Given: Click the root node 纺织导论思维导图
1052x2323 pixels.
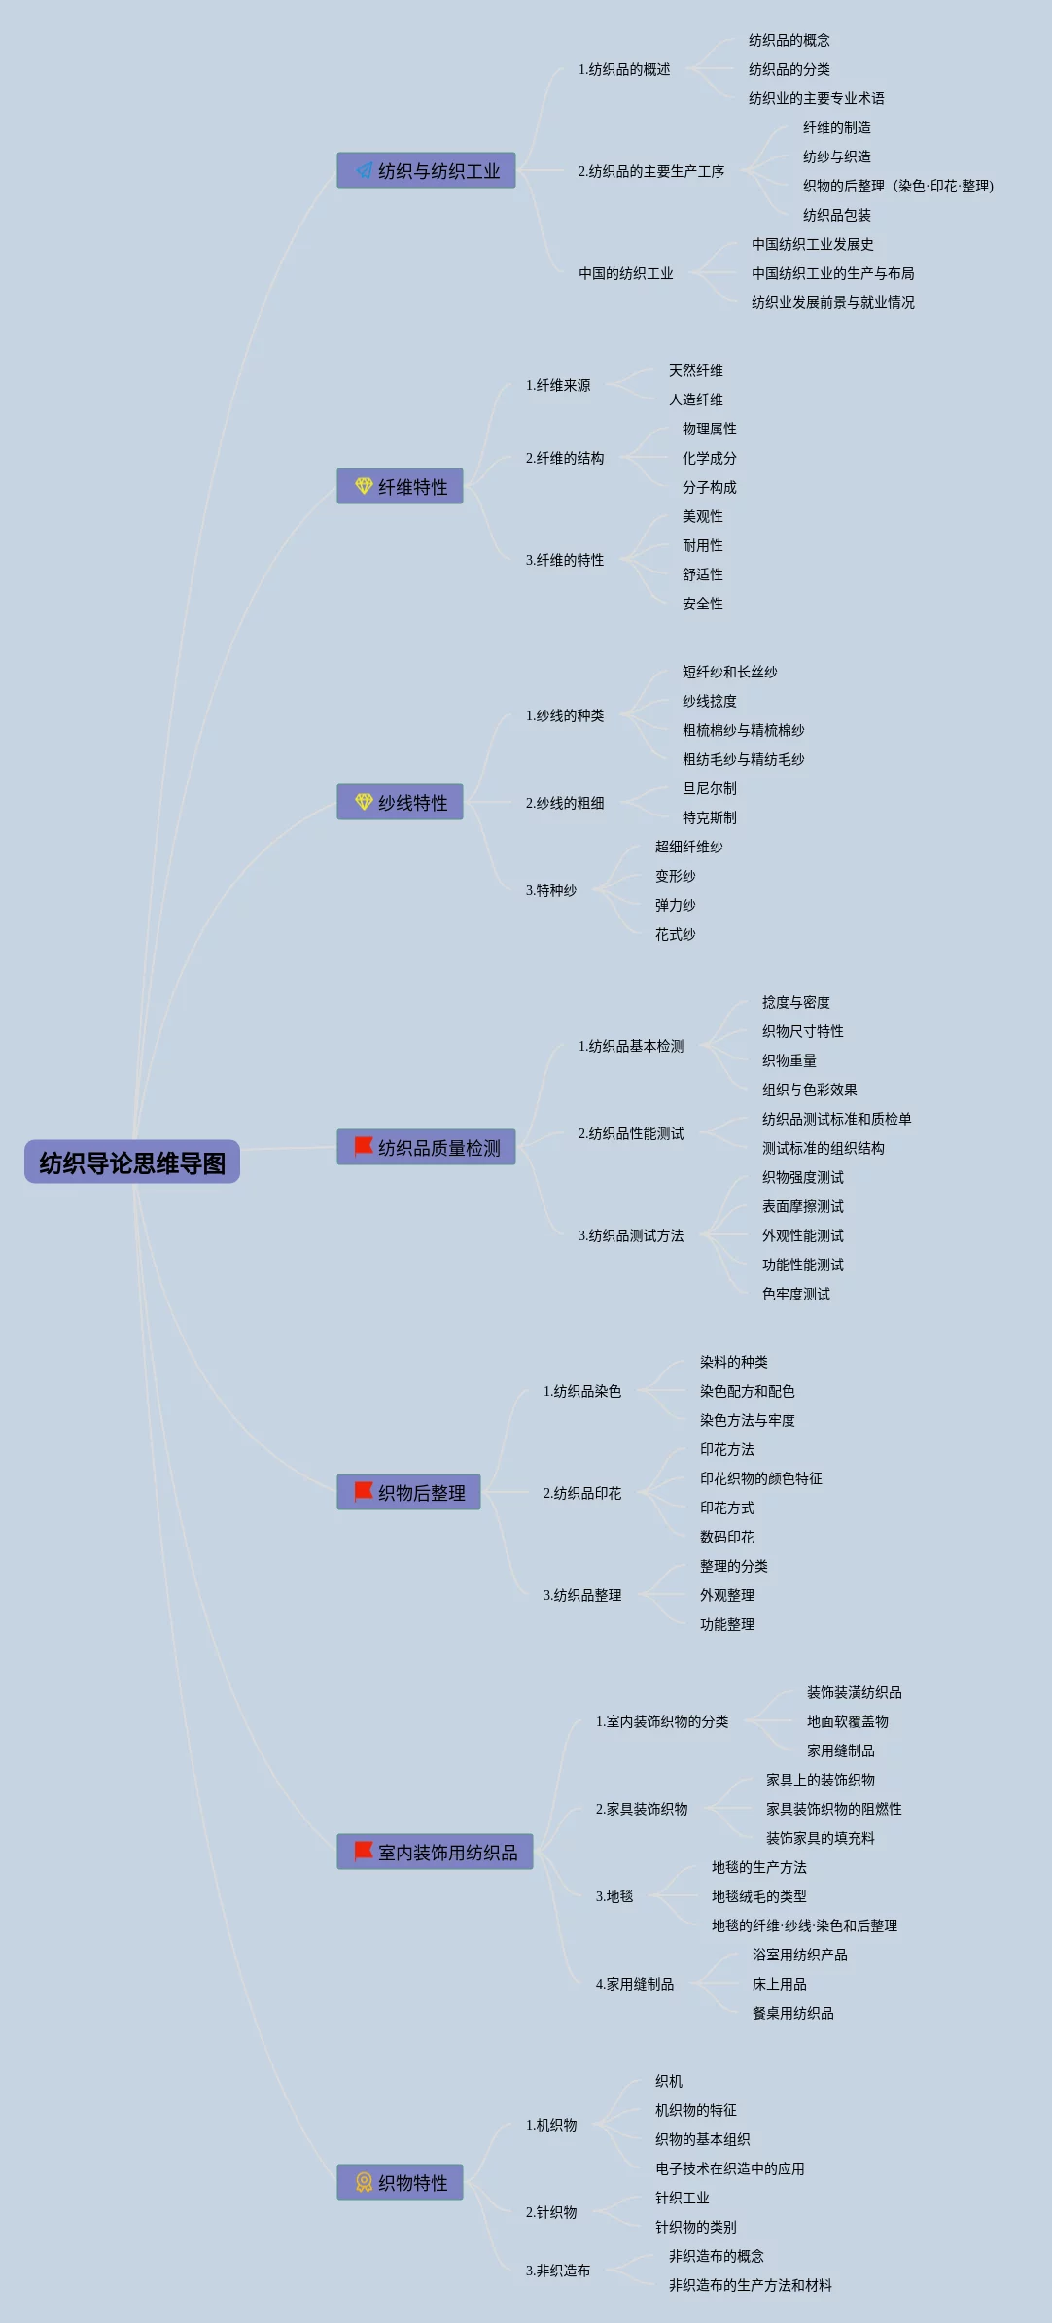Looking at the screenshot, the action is (132, 1162).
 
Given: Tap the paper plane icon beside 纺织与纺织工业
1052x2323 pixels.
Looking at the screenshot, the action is (364, 171).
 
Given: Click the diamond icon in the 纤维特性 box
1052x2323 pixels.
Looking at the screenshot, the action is (364, 486).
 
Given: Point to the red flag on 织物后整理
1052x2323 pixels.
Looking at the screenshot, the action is (364, 1491).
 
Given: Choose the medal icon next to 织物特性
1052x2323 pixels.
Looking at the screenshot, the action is (364, 2182).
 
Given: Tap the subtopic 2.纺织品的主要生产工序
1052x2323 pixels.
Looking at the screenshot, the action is (651, 171).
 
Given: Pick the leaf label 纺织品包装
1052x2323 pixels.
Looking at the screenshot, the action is (837, 215).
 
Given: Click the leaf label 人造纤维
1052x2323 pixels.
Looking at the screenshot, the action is (696, 399).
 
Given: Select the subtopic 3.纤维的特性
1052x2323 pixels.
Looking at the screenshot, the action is (565, 560).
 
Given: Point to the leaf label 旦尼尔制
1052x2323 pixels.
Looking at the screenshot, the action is (710, 788).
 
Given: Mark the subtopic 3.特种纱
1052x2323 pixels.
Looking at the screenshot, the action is (551, 890).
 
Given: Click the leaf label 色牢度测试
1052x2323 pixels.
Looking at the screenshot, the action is (796, 1294).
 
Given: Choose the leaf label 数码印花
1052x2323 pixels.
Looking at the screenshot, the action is (727, 1537).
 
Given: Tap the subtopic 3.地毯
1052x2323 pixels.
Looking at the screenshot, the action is (614, 1896).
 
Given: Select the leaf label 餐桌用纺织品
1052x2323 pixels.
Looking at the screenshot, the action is (793, 2013).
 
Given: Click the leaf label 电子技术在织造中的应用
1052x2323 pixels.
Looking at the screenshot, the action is (730, 2168).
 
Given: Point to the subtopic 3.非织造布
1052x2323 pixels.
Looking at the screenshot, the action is (558, 2271).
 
